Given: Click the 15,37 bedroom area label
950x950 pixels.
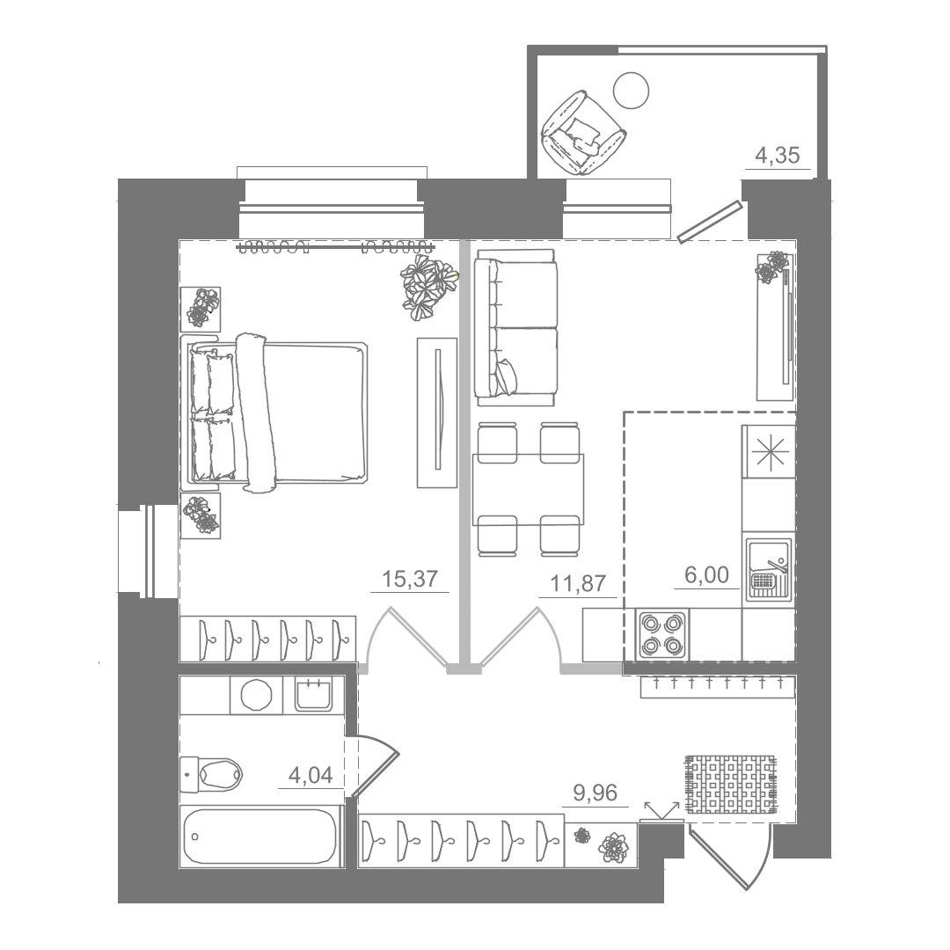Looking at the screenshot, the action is click(410, 579).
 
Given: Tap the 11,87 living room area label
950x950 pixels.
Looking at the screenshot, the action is click(578, 583).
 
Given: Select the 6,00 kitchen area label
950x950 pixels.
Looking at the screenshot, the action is click(706, 574).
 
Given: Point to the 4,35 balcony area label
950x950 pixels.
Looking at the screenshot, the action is click(778, 156).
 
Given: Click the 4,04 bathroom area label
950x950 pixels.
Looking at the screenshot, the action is click(311, 775).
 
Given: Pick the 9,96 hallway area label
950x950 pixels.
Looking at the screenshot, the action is click(596, 793).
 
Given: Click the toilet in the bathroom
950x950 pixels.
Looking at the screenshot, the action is click(211, 774).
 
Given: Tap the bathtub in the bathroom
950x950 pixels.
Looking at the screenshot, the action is click(259, 837).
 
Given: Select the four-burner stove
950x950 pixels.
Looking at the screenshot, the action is click(661, 635).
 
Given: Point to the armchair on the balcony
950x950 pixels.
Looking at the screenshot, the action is click(583, 133).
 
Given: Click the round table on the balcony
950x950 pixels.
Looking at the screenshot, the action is click(632, 91).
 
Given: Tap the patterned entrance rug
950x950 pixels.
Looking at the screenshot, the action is click(730, 784).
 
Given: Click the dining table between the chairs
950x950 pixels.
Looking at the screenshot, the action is click(528, 489).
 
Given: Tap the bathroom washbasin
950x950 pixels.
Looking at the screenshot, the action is click(313, 694).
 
